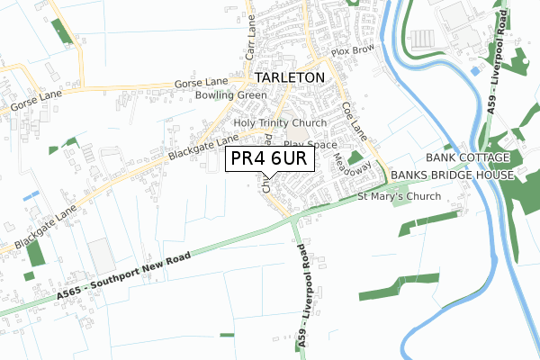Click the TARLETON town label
tap(290, 77)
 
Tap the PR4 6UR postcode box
tap(270, 159)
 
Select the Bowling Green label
tap(232, 95)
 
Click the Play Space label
tap(310, 144)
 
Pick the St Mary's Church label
tap(399, 196)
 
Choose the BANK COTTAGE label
tap(475, 157)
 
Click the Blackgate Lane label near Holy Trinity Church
tap(196, 147)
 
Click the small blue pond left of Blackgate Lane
tap(31, 193)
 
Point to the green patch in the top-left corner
tap(62, 31)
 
